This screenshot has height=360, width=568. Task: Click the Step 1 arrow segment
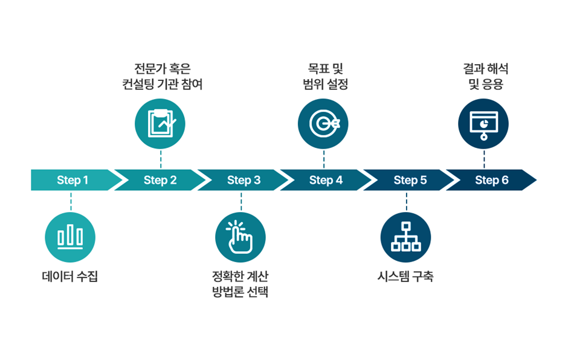(73, 180)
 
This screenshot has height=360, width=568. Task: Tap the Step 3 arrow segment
(244, 180)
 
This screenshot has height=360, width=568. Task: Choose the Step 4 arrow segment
(326, 180)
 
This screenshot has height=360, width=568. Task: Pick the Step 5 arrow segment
(410, 180)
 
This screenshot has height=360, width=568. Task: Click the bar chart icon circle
(70, 237)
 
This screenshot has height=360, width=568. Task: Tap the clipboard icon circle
(160, 123)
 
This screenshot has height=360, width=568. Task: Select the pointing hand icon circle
(240, 237)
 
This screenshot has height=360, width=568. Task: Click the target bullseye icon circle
(323, 123)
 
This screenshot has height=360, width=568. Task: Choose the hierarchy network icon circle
(405, 237)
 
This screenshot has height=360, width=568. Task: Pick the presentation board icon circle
(483, 123)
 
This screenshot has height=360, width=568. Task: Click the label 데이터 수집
(70, 277)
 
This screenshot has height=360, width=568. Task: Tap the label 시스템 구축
(405, 277)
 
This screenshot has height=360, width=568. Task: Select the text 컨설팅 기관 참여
(160, 84)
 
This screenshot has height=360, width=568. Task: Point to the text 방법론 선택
(240, 292)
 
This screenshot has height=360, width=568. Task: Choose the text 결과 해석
(483, 69)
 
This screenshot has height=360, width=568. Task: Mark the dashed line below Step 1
(71, 201)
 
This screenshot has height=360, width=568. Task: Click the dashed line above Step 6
(483, 159)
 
